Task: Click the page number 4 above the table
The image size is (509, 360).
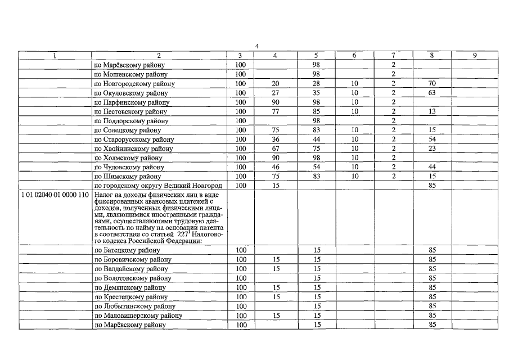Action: [x=256, y=47]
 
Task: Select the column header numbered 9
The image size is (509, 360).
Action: [x=475, y=56]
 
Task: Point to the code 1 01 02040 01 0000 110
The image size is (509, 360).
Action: [x=54, y=195]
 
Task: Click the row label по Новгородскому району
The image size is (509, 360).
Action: [x=134, y=84]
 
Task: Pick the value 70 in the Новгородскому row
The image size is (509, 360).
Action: [x=432, y=84]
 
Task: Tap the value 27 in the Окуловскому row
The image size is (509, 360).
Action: [x=276, y=93]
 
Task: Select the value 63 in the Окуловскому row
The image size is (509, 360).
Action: [x=432, y=93]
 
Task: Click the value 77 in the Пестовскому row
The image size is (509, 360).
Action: [x=276, y=111]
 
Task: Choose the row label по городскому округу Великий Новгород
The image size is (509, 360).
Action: [x=158, y=186]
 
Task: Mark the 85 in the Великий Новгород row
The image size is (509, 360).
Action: [x=432, y=186]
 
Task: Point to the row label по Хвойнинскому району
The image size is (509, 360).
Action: [x=133, y=148]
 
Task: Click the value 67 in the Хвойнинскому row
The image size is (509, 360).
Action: [x=276, y=148]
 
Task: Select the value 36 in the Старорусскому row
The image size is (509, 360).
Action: [x=276, y=139]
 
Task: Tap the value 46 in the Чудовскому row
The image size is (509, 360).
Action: [x=276, y=167]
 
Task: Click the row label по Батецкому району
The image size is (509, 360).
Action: [x=128, y=250]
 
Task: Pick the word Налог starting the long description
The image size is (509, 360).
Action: [x=103, y=195]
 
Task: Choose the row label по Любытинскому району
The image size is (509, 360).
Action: [x=132, y=306]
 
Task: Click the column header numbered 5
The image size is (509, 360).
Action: [x=316, y=56]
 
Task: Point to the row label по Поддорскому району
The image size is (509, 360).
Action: [x=131, y=121]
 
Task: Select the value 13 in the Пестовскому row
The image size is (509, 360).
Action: [x=432, y=111]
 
